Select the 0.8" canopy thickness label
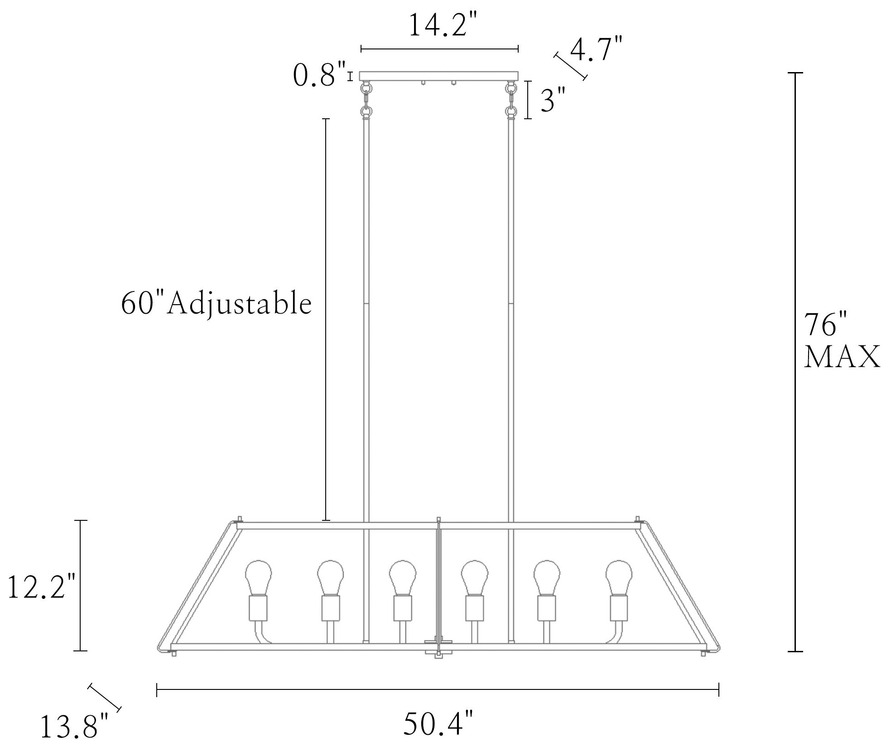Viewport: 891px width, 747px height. coord(320,74)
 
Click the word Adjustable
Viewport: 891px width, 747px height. coord(240,304)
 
